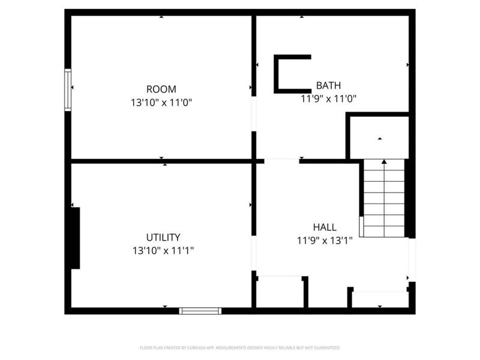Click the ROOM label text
coord(161,89)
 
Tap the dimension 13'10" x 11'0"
coord(161,103)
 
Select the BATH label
coord(329,85)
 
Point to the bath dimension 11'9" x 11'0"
coord(329,98)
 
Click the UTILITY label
coord(163,237)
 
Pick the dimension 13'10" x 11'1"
coord(163,250)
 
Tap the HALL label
coord(325,227)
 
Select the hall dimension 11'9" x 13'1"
coord(325,241)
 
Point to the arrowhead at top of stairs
coord(384,161)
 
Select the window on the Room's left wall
coord(68,90)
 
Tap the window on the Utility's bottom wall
coord(200,311)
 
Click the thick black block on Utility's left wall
coord(74,238)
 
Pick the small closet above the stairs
coord(379,138)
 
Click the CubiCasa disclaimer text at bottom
coord(240,347)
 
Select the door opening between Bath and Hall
coord(281,161)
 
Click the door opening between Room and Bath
coord(254,113)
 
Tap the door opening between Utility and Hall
coord(254,254)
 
